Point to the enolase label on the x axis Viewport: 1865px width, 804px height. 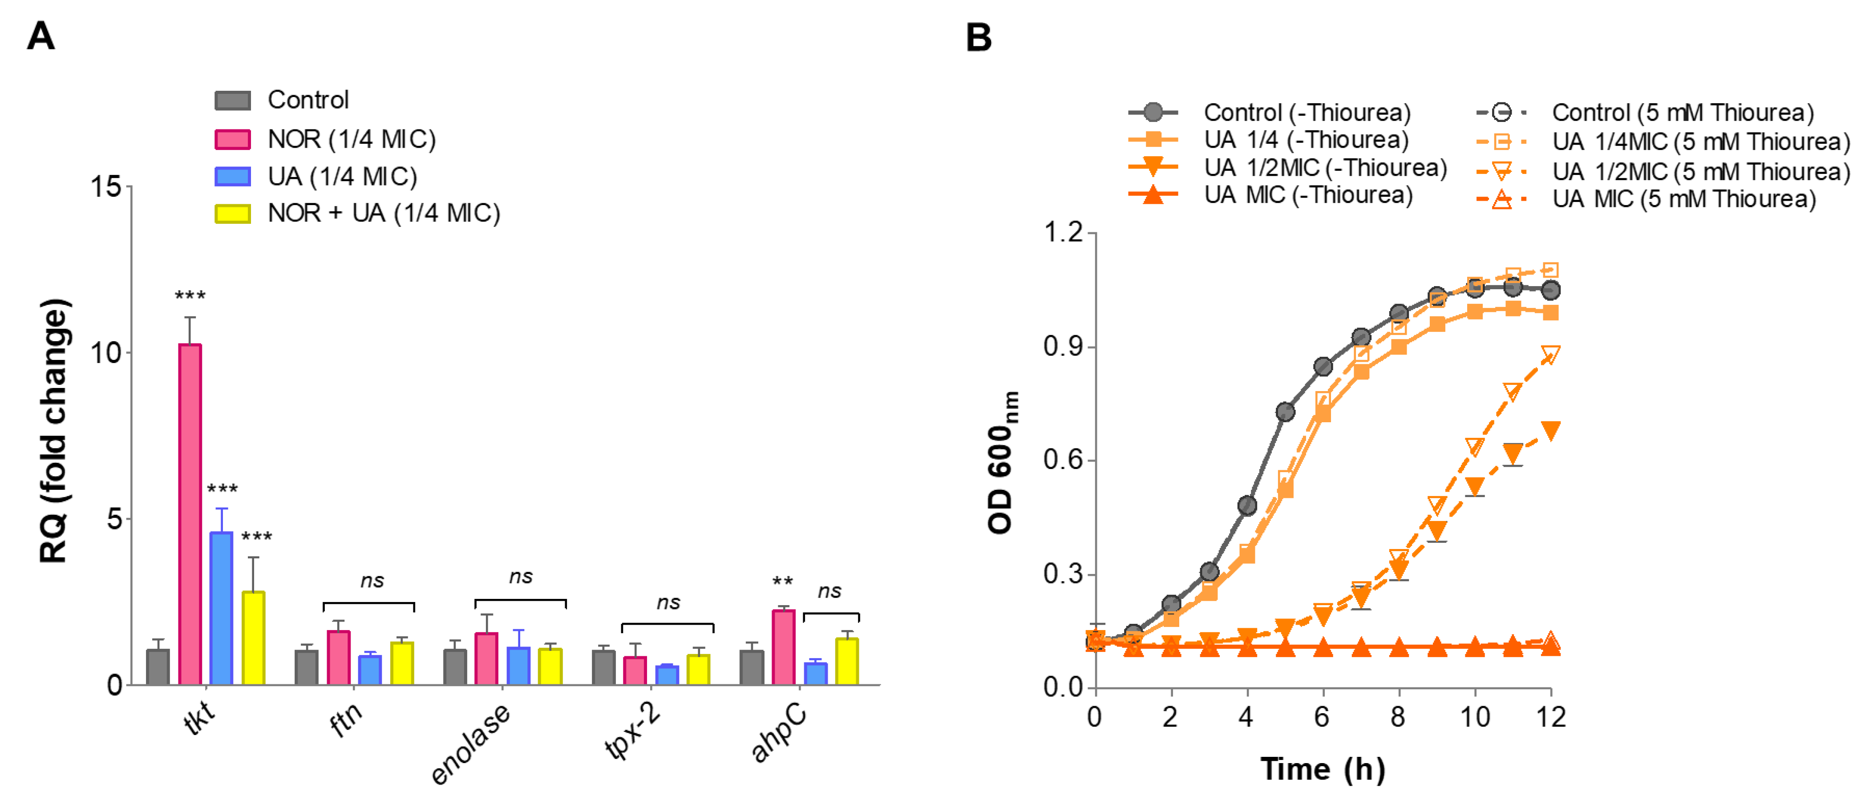click(471, 744)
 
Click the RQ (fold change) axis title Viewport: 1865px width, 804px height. click(54, 431)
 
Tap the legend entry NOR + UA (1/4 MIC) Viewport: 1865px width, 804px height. click(384, 214)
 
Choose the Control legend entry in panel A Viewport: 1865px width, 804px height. click(307, 100)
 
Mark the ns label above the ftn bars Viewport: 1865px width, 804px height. click(372, 580)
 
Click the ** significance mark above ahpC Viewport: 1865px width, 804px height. click(783, 581)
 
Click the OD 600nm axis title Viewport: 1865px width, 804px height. click(1003, 463)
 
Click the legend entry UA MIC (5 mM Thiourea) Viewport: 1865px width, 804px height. click(1684, 199)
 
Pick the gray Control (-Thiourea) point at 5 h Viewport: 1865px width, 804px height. click(1285, 412)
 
